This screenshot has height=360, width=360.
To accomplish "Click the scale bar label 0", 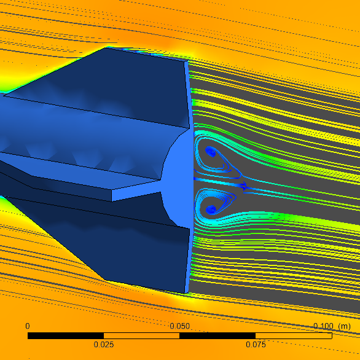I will point(27,326).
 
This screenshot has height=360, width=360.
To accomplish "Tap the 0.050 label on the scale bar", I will point(180,326).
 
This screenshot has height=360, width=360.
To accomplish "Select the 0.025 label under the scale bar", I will point(104,345).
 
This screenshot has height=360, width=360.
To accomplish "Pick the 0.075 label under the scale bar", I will point(256,345).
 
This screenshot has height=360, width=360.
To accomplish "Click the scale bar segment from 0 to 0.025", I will point(66,336).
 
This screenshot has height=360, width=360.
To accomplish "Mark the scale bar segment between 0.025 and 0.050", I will point(142,336).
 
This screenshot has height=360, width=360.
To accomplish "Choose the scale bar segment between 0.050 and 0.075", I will point(217,336).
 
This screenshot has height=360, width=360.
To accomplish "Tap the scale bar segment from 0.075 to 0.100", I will point(294,336).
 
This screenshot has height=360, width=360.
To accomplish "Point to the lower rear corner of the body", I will point(187,292).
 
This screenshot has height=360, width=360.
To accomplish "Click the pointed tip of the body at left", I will point(4,95).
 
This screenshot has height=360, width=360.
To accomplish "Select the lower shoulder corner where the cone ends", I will point(106,281).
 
